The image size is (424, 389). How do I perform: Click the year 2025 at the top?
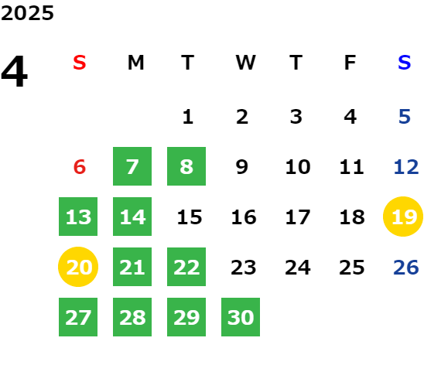[27, 13]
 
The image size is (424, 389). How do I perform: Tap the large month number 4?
[15, 71]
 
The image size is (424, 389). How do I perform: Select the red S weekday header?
[80, 63]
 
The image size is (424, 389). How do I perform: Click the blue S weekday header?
[404, 63]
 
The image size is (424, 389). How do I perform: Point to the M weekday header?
[135, 63]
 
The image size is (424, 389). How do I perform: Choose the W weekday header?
[245, 63]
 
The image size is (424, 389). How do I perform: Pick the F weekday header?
[350, 63]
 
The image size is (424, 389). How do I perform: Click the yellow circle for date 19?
[403, 217]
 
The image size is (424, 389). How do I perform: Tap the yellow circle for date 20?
[78, 267]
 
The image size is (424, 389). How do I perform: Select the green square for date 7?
[132, 166]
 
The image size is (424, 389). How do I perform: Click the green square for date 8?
[186, 166]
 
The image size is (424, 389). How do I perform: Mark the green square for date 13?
[78, 217]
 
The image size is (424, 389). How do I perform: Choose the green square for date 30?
[241, 317]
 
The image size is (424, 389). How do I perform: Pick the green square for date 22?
[186, 267]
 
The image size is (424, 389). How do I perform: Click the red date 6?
[80, 167]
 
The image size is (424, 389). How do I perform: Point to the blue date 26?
[406, 268]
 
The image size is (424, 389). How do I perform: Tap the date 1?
[188, 117]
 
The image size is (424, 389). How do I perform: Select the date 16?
[244, 217]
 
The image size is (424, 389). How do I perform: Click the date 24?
[298, 268]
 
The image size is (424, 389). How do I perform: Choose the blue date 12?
[406, 167]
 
